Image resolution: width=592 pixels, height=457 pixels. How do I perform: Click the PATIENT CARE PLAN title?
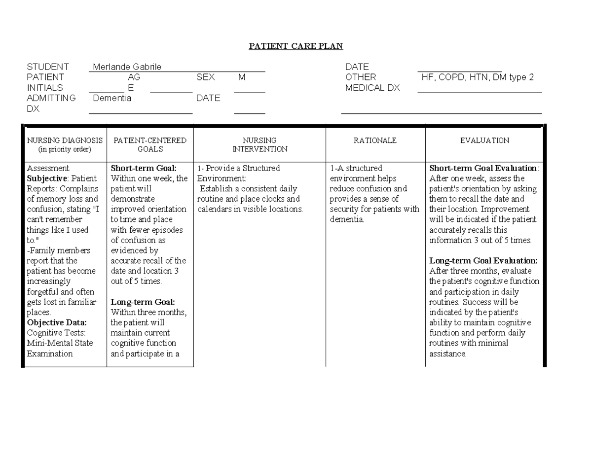296,46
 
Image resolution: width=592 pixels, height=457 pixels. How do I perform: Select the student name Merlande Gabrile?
127,67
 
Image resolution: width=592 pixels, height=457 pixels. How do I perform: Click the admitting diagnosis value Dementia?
112,98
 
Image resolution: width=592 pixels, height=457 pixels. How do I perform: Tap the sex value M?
241,77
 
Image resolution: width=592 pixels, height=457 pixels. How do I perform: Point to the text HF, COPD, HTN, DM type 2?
478,77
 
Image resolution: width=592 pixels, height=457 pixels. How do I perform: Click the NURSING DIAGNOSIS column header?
65,144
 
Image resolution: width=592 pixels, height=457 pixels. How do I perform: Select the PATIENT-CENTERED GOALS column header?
150,144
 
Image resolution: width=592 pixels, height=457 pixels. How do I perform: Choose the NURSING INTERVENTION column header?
259,144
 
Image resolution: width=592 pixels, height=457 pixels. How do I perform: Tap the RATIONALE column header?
375,141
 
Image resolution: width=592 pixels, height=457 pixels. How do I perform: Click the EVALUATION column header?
484,141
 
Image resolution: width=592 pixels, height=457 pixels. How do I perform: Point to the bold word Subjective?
45,178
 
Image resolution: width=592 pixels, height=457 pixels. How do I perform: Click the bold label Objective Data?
57,322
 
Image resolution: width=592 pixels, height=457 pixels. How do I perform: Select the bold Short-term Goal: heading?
144,168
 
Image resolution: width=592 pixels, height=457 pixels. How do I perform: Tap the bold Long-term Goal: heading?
143,302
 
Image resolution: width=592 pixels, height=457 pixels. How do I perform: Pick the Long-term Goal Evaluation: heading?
483,260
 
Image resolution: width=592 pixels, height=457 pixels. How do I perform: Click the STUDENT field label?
48,67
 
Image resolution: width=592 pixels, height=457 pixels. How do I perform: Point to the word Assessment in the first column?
48,168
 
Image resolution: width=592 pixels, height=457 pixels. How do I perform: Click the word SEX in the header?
206,77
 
